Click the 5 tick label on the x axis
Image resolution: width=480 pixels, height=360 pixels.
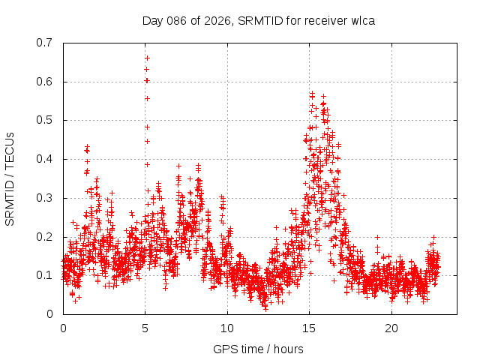pyautogui.click(x=145, y=328)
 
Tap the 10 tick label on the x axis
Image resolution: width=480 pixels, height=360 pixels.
pyautogui.click(x=227, y=328)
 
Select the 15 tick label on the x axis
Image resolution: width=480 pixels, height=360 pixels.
pyautogui.click(x=309, y=328)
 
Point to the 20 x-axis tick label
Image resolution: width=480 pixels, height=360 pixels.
pyautogui.click(x=391, y=328)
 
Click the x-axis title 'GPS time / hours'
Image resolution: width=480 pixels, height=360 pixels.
pyautogui.click(x=258, y=349)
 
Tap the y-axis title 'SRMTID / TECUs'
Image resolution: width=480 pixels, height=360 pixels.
pyautogui.click(x=10, y=178)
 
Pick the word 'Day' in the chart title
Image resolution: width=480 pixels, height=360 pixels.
pyautogui.click(x=153, y=20)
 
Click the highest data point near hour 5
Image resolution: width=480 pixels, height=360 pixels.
pyautogui.click(x=147, y=58)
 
